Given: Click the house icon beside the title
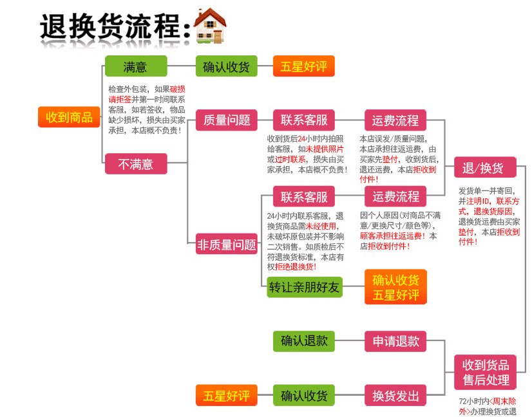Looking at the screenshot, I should point(210,26).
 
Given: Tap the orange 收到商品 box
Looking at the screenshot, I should point(69,117).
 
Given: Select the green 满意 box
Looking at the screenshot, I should point(135,66).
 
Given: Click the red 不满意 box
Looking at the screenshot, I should point(135,163).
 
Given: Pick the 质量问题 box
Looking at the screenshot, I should point(226,120).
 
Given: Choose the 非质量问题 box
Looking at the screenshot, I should point(226,245).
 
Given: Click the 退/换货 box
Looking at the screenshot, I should point(484,169).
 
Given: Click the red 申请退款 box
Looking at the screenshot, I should point(395,340).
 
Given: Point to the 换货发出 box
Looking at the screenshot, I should point(395,395).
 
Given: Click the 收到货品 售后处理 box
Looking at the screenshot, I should point(486,372).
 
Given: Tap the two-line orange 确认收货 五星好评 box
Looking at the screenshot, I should point(395,287).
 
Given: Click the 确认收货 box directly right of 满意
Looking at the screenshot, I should point(226,66).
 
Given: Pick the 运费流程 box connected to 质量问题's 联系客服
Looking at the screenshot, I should point(395,120).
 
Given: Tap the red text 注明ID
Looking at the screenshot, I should point(479,201).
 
